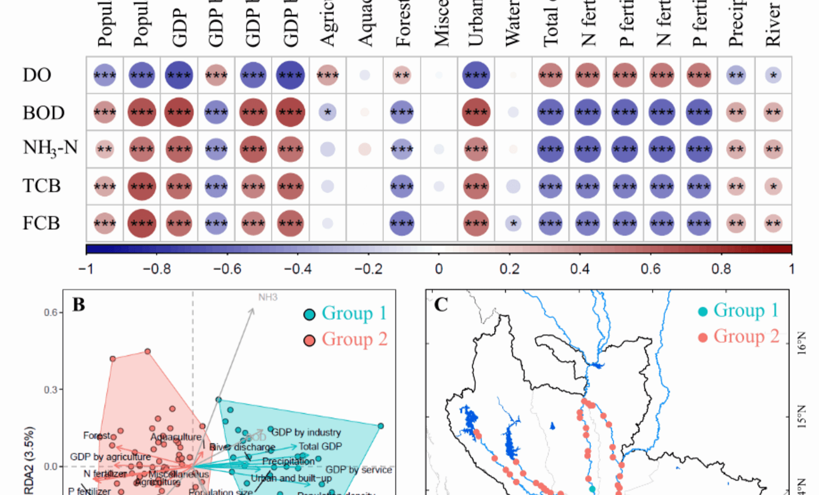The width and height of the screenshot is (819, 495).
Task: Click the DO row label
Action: tap(37, 75)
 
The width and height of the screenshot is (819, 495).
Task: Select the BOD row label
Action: tap(43, 113)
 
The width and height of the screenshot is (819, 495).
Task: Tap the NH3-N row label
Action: tap(50, 148)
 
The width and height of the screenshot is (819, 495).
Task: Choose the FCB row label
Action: tap(41, 223)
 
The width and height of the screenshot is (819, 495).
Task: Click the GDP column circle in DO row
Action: tap(179, 75)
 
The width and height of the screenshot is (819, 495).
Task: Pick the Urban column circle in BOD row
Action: tap(476, 112)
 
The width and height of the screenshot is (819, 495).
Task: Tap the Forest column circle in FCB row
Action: tap(402, 223)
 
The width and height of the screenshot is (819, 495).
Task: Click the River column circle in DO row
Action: tap(773, 75)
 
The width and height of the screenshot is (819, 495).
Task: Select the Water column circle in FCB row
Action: tap(513, 223)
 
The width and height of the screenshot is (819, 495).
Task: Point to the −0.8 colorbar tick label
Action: tap(157, 269)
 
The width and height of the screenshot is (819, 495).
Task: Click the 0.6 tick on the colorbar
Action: tap(651, 269)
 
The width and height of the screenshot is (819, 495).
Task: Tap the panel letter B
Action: tap(79, 305)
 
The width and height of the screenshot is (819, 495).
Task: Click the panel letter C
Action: tap(441, 305)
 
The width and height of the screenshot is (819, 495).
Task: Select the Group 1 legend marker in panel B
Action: tap(310, 314)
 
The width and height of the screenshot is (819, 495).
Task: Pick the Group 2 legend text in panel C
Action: tap(746, 336)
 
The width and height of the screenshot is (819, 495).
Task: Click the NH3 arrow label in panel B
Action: tap(268, 297)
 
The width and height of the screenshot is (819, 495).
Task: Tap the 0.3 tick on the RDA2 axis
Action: tap(51, 390)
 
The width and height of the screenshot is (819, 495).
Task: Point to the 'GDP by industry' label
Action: tap(306, 432)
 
